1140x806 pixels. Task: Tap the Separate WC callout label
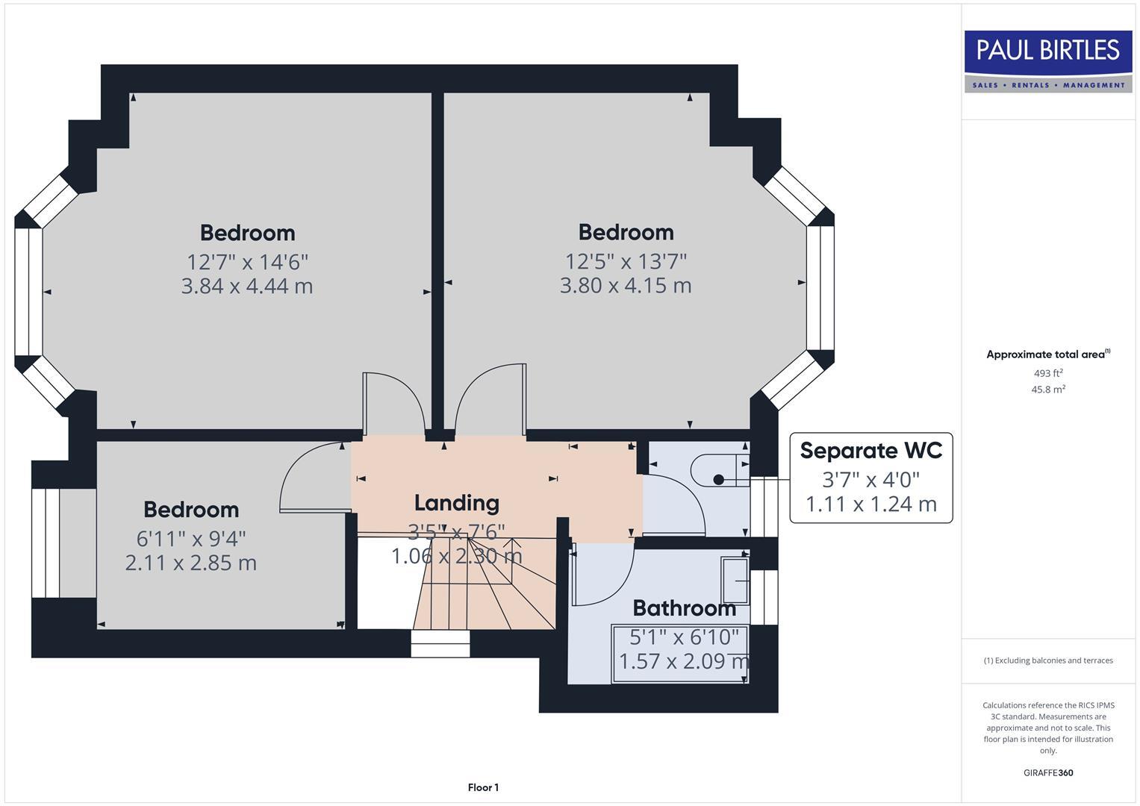click(870, 451)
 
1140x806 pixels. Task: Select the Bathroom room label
click(684, 608)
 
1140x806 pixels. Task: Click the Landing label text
click(456, 503)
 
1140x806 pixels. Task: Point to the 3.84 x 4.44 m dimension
click(246, 286)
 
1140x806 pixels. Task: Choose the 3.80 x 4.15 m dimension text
click(626, 285)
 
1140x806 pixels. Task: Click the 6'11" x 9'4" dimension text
click(191, 538)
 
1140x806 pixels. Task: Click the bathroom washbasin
click(735, 580)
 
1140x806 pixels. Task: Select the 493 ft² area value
click(1047, 373)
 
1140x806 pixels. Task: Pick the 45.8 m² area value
click(1047, 390)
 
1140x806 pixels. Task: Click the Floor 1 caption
click(483, 787)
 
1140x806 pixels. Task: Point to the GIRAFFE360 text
click(1047, 772)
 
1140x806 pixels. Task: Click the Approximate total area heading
click(1047, 354)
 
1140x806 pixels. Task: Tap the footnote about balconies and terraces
click(1047, 660)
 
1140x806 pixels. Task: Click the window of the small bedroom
click(46, 543)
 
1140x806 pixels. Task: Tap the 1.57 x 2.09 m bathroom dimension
click(684, 661)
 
